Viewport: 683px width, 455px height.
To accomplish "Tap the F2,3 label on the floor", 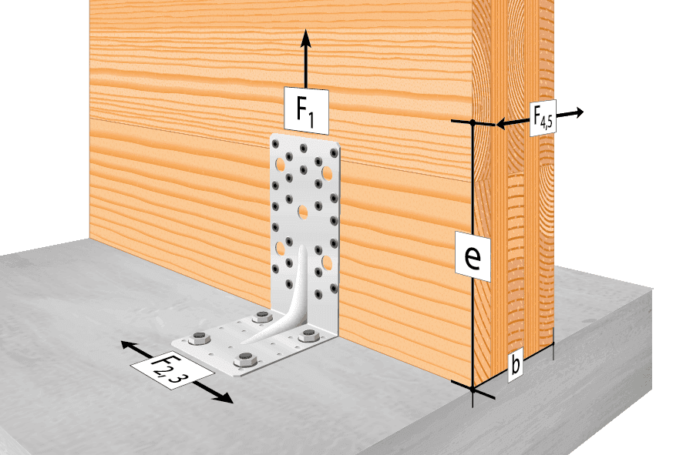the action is [172, 370].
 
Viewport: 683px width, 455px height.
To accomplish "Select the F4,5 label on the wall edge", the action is [543, 118].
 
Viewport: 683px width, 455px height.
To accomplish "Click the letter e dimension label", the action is [473, 256].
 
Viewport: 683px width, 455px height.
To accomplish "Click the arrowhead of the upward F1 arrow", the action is [306, 38].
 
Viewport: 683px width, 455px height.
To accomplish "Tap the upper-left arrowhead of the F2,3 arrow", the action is [128, 346].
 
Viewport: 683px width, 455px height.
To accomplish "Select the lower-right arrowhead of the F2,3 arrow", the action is [226, 397].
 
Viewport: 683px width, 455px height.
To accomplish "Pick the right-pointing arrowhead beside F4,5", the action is [577, 112].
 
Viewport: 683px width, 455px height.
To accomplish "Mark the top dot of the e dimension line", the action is [473, 122].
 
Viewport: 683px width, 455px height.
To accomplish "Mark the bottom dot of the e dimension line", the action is [473, 390].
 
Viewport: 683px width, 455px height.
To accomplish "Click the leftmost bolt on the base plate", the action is [200, 337].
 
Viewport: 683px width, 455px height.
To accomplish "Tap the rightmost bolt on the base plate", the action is [308, 336].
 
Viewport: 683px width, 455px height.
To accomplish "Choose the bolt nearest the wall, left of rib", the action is [262, 316].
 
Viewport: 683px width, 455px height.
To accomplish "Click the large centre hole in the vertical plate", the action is [303, 212].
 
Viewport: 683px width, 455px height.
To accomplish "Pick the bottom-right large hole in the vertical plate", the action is [327, 263].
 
